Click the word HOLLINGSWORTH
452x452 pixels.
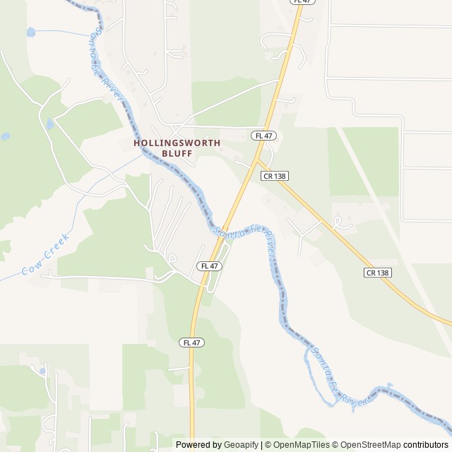click(177, 143)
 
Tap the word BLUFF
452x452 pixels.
click(177, 153)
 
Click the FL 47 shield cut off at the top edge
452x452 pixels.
click(302, 2)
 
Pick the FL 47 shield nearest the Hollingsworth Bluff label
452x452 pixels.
click(263, 135)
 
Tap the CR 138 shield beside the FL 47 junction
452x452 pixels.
click(274, 175)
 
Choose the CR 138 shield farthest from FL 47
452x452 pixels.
click(378, 272)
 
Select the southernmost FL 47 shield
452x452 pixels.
click(191, 343)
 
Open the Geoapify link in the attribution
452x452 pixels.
click(242, 445)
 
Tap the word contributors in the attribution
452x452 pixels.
click(426, 445)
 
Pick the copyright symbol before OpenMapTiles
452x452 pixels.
click(268, 445)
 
